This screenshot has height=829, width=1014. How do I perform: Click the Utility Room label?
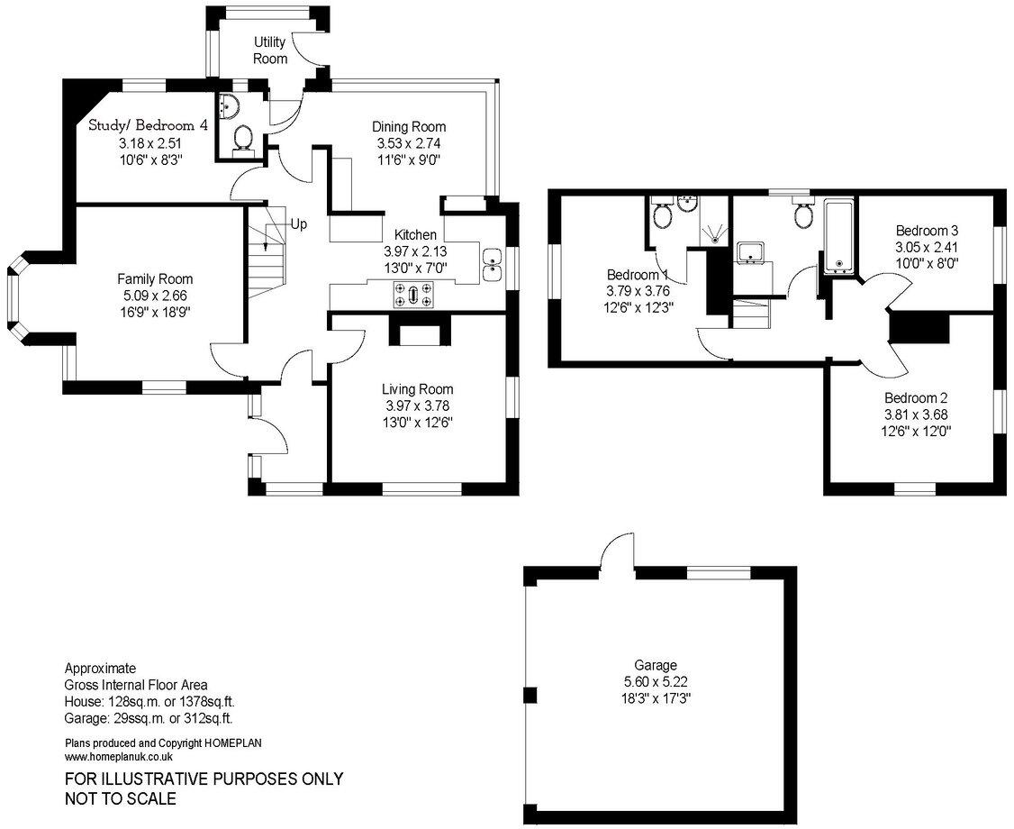(x=269, y=50)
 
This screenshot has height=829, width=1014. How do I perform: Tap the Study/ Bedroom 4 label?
(x=148, y=125)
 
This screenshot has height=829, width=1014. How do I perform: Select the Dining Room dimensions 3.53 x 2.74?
(x=410, y=143)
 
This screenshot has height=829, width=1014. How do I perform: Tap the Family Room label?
(x=155, y=279)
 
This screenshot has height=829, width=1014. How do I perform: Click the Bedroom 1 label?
(x=638, y=275)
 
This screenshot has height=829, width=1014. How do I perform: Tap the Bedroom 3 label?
(x=927, y=230)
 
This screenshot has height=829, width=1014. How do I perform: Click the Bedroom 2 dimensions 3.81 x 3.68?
(x=917, y=414)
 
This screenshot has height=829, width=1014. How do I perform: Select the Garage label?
(x=655, y=665)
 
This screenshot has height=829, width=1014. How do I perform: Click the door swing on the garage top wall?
(x=620, y=551)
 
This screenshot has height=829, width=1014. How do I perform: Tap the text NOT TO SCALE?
(x=120, y=798)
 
